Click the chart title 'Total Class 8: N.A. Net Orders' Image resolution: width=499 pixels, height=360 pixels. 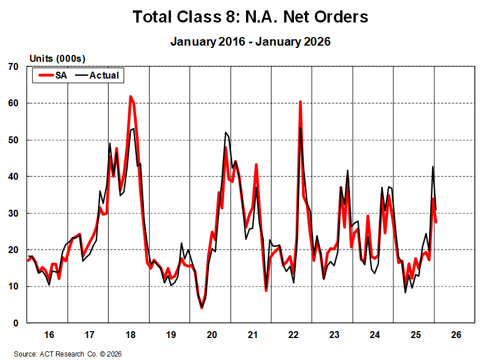(250, 17)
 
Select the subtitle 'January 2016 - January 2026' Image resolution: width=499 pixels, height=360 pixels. (250, 42)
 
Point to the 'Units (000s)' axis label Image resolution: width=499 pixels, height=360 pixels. (57, 58)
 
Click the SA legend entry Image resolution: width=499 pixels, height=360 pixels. (53, 75)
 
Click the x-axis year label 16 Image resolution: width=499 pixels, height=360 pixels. (49, 335)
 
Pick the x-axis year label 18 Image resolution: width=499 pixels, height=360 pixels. (130, 335)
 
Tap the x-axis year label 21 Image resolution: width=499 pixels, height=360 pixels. (252, 335)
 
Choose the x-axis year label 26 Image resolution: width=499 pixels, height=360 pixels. (456, 335)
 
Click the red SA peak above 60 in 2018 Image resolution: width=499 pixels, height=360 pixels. (131, 97)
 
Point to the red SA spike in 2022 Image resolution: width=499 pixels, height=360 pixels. (300, 102)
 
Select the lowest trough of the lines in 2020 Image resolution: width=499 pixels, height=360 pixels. (202, 307)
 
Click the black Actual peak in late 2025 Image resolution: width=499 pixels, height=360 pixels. (433, 167)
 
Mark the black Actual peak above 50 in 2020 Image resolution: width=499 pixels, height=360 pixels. (225, 133)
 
